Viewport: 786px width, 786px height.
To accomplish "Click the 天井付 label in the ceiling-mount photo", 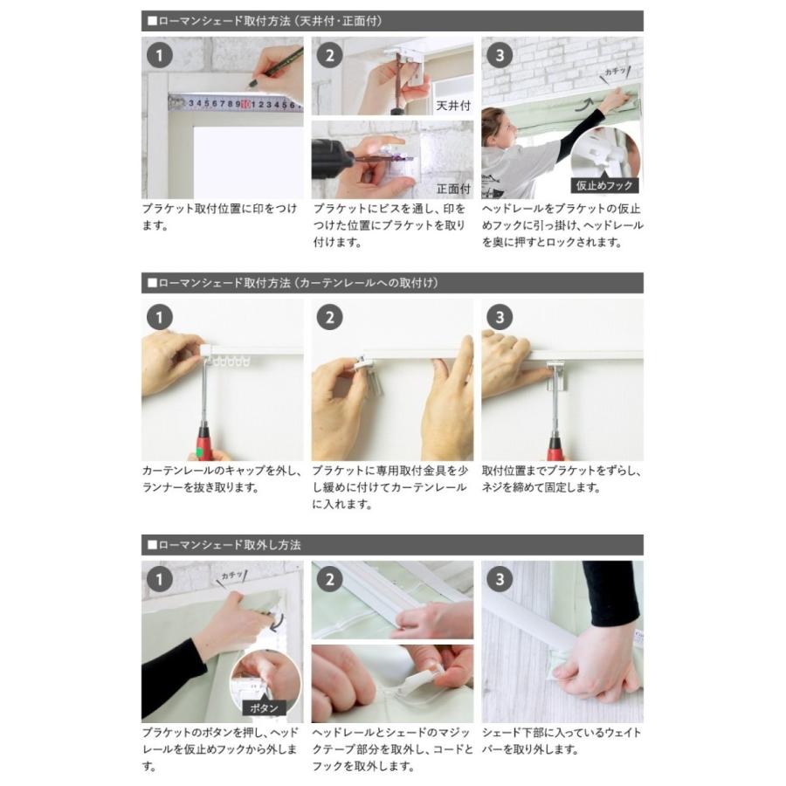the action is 453,106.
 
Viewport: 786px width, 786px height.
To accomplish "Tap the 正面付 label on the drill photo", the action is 453,189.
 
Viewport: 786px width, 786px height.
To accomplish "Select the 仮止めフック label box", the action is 604,185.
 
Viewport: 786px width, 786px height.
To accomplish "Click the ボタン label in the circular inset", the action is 264,707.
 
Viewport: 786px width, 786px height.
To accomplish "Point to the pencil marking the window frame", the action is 277,67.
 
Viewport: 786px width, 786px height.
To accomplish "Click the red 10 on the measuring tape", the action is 245,104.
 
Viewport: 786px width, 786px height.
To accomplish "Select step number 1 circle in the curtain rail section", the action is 160,317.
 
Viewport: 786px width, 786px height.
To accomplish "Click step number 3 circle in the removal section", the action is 500,580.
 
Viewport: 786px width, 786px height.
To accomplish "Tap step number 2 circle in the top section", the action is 329,55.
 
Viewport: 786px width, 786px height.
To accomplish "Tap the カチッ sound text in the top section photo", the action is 616,72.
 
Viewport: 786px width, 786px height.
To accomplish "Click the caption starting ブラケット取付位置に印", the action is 220,217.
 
